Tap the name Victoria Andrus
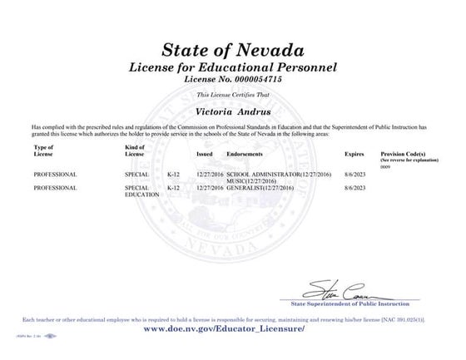pyautogui.click(x=233, y=108)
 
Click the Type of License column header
pyautogui.click(x=44, y=151)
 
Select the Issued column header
pyautogui.click(x=205, y=155)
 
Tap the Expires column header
pyautogui.click(x=354, y=155)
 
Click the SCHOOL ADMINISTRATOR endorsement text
pyautogui.click(x=260, y=175)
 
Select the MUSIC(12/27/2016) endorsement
pyautogui.click(x=246, y=181)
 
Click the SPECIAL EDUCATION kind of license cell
pyautogui.click(x=137, y=191)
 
